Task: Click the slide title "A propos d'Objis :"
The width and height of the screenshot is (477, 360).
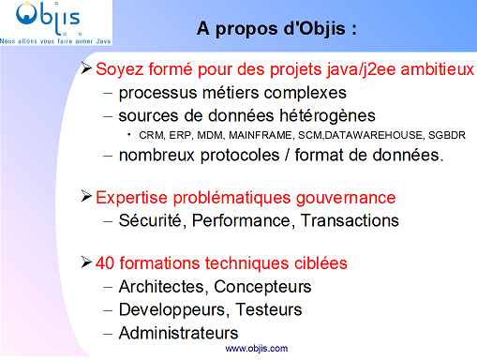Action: [x=277, y=28]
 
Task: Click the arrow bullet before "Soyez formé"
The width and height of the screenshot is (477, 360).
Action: [x=87, y=69]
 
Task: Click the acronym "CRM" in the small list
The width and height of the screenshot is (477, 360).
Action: [x=149, y=136]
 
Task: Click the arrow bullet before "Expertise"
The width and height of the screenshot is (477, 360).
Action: [x=87, y=197]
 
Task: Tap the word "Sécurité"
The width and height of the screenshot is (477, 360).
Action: [x=150, y=221]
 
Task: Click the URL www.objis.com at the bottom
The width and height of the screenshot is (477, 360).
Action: [x=257, y=348]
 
